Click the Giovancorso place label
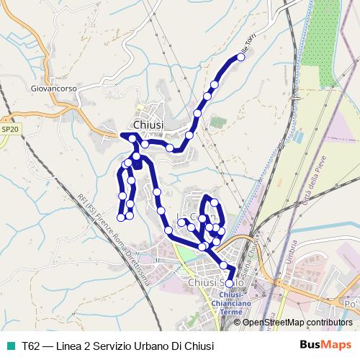tap(53, 89)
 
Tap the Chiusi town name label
tap(149, 125)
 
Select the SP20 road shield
tap(9, 129)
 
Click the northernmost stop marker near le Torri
tap(241, 58)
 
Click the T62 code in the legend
tap(31, 345)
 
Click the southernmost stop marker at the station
tap(230, 284)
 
